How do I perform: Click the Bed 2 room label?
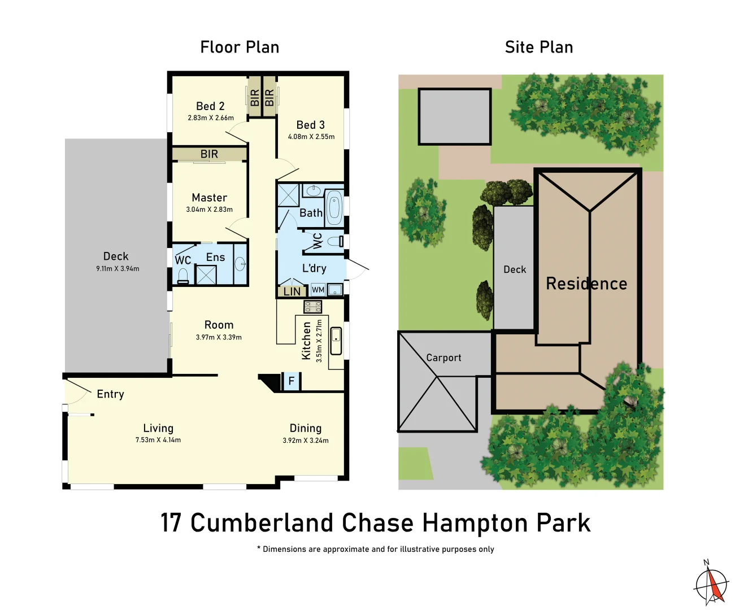tap(210, 106)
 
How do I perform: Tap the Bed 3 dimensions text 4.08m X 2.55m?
tap(311, 137)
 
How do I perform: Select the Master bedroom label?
tap(209, 198)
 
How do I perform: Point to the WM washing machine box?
tap(318, 290)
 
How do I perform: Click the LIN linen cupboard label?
tap(292, 292)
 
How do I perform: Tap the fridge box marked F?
tap(292, 381)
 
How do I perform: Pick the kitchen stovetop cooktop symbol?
tap(313, 307)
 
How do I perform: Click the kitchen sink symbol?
tap(336, 341)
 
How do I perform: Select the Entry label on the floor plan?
tap(110, 394)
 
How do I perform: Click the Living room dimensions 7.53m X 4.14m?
tap(158, 440)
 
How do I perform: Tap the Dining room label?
tap(306, 428)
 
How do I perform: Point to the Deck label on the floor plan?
tap(116, 256)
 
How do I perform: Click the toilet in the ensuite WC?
tap(182, 275)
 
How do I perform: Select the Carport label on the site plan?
tap(443, 358)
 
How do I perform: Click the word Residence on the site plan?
tap(586, 284)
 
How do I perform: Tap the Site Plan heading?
tap(539, 47)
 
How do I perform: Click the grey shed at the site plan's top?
tap(455, 116)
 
